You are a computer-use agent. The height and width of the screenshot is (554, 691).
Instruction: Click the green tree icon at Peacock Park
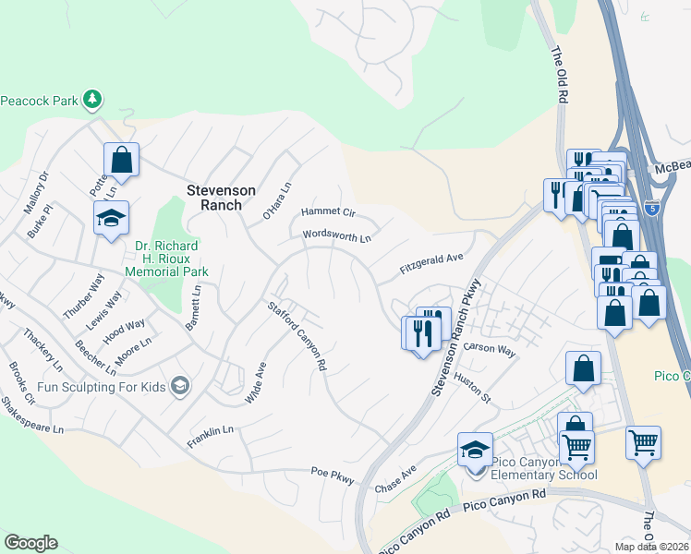[91, 99]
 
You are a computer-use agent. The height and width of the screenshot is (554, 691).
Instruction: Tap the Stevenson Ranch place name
[221, 190]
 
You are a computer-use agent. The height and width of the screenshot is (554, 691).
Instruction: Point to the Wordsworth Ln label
[337, 237]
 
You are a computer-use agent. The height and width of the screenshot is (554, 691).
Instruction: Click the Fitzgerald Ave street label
[430, 266]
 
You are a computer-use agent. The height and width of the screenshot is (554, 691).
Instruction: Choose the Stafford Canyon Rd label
[297, 337]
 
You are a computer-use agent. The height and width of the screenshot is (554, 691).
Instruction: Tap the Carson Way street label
[490, 349]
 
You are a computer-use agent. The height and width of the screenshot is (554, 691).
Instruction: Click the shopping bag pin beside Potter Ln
[121, 160]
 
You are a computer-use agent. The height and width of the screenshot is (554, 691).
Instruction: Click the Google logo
[30, 543]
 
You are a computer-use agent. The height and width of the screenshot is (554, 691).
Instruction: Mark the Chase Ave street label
[395, 479]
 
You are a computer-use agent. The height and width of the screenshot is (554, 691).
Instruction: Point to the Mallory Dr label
[41, 188]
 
